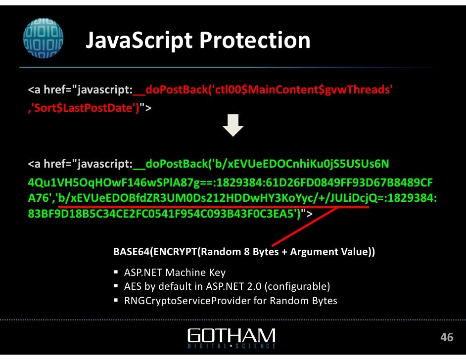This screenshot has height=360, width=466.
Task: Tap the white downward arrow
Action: point(233,125)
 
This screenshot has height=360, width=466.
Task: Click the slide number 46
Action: point(447,337)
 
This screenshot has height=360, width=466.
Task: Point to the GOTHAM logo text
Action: point(232,334)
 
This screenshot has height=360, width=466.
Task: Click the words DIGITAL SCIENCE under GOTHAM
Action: point(232,345)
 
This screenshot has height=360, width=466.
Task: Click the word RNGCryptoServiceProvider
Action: point(187,300)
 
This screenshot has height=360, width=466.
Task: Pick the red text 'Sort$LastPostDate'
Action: point(84,107)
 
